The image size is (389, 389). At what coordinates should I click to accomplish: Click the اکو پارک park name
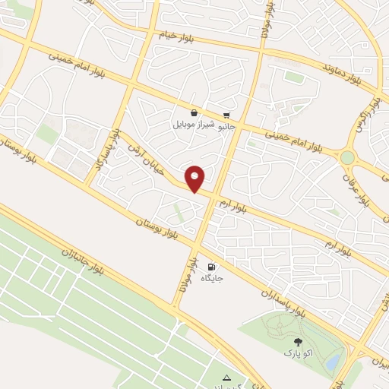297,353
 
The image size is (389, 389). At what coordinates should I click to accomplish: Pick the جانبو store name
227,126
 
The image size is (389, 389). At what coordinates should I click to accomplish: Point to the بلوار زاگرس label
371,111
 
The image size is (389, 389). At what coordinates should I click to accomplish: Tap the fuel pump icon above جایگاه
211,267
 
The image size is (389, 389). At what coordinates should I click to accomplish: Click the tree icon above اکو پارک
297,342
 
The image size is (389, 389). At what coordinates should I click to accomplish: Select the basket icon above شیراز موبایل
194,112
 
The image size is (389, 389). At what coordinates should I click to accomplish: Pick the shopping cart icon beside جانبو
226,115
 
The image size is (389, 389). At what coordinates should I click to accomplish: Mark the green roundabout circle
347,157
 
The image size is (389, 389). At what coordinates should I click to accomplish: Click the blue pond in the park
332,363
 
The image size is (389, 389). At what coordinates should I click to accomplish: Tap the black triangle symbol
226,378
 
